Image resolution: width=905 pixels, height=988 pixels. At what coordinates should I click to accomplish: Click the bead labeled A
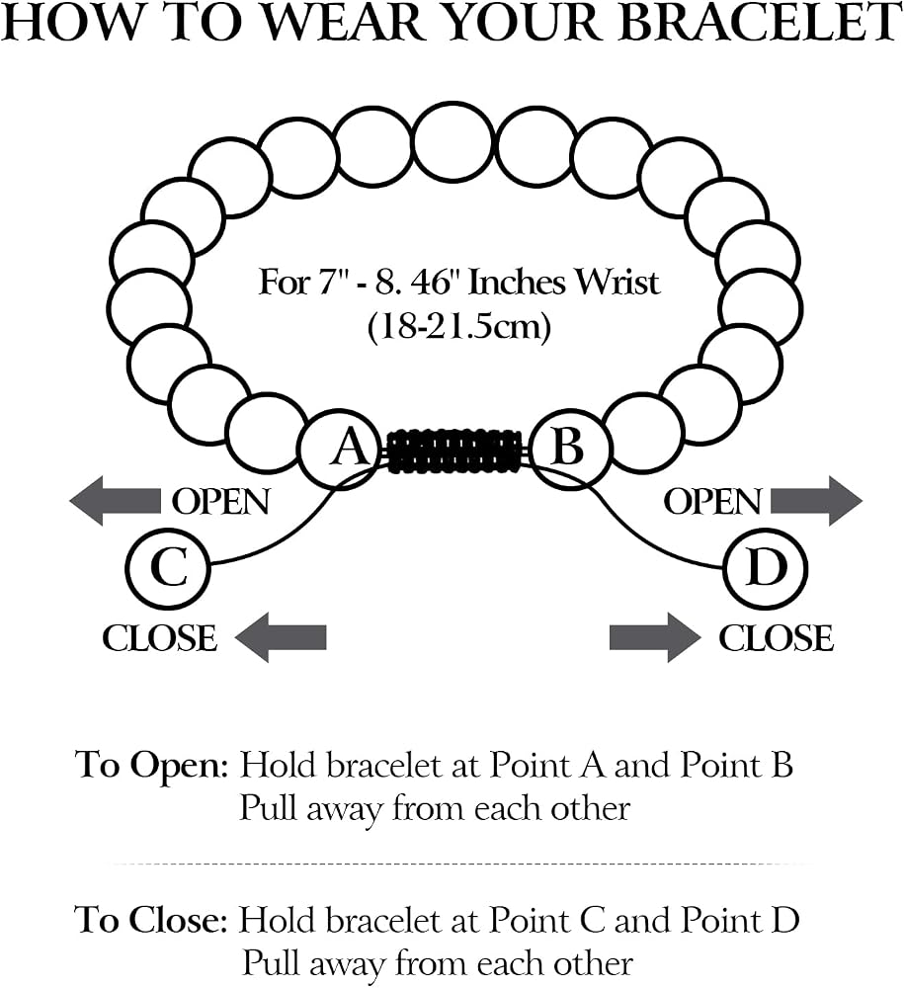(x=340, y=450)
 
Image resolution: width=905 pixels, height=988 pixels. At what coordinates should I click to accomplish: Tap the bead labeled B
(x=571, y=449)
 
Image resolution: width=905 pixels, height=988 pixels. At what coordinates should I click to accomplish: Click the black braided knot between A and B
(x=455, y=451)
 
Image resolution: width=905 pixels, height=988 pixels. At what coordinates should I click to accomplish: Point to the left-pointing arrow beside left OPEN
(x=115, y=501)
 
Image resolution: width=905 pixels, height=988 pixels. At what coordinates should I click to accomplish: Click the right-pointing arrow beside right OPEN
(x=817, y=501)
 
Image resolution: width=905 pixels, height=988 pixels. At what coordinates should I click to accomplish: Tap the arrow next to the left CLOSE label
(x=281, y=637)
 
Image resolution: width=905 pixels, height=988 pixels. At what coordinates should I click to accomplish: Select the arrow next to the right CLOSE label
(x=655, y=637)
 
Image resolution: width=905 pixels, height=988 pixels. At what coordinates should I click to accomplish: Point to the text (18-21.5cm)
(x=458, y=327)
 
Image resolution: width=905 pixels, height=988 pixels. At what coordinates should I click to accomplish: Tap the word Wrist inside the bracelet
(x=617, y=283)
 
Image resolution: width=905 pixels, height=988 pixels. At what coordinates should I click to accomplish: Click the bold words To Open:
(x=151, y=767)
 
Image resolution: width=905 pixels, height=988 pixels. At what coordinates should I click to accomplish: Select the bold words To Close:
(x=150, y=919)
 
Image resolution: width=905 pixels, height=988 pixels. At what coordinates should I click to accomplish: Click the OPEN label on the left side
(x=220, y=502)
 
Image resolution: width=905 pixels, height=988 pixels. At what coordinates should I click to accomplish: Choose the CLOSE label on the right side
(x=776, y=637)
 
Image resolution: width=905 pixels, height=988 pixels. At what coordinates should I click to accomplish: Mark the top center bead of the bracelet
(x=453, y=142)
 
